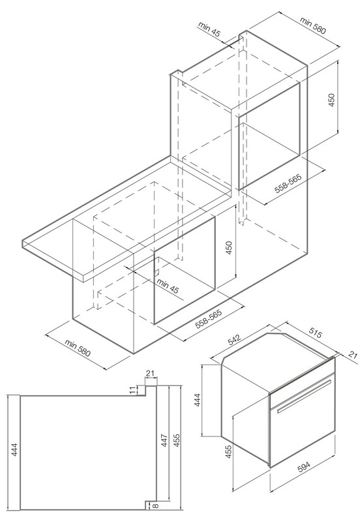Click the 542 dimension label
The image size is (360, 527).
[x=234, y=339]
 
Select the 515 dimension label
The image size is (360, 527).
[x=315, y=333]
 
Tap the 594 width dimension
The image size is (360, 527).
[x=304, y=468]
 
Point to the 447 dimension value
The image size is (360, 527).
[x=164, y=440]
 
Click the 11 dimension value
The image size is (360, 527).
[x=133, y=390]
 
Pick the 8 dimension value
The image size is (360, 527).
[x=155, y=505]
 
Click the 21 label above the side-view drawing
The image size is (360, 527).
[x=150, y=373]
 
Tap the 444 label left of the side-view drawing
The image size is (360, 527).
[x=14, y=449]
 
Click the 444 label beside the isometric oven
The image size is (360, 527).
[x=198, y=400]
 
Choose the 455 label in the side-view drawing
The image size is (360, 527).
[x=177, y=440]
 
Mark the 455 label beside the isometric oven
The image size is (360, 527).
[x=228, y=452]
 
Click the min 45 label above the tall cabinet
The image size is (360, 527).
[x=209, y=29]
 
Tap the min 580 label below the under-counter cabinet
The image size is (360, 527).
[x=78, y=348]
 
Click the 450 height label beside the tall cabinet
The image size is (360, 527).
[x=331, y=100]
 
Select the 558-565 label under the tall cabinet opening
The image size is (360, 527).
[x=288, y=183]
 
